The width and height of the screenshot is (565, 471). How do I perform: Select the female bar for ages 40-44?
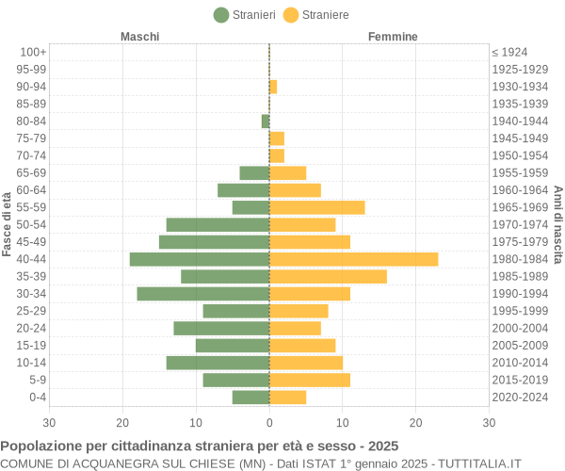(x=353, y=259)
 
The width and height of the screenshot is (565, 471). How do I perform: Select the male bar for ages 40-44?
(x=200, y=259)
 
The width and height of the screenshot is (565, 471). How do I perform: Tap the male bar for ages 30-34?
(x=203, y=294)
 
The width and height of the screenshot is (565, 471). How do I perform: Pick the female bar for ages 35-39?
(x=328, y=276)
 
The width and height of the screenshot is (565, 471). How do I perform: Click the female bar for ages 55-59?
(x=316, y=207)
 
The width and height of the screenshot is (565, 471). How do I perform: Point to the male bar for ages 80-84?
(x=266, y=121)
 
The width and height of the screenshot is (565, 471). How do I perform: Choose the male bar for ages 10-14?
(x=218, y=363)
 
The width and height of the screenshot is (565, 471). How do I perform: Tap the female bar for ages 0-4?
(x=287, y=398)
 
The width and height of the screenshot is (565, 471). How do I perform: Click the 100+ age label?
(x=33, y=52)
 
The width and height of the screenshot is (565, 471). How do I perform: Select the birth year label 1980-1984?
(x=520, y=259)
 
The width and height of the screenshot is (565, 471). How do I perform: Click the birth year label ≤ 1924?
(x=509, y=52)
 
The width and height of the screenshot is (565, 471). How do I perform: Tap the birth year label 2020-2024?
(x=520, y=398)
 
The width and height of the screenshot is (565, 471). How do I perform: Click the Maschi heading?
(x=140, y=37)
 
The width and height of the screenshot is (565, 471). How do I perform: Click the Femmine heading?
(x=393, y=37)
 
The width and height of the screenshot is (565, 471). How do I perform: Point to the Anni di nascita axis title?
(x=557, y=224)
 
